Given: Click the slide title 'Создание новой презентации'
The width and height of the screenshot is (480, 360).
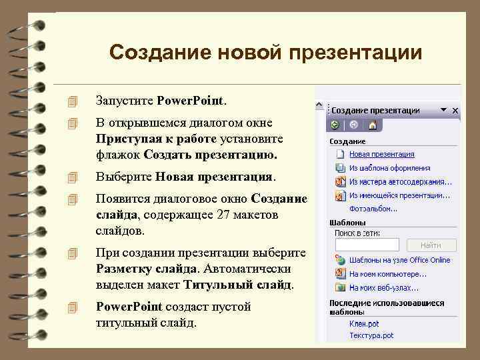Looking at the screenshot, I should click(x=265, y=52).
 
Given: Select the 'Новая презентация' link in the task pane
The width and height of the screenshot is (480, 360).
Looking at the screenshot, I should click(x=382, y=155).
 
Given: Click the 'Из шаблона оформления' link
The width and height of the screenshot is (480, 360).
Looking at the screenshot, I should click(x=389, y=168).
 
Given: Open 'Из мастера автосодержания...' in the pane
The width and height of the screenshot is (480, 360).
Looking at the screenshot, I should click(x=400, y=181).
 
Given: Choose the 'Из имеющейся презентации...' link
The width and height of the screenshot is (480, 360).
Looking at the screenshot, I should click(x=399, y=195).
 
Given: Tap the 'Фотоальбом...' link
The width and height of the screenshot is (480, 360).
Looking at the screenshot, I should click(x=373, y=208).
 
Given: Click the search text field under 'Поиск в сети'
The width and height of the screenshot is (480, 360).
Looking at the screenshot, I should click(x=367, y=245).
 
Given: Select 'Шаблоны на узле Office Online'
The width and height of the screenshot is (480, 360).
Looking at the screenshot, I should click(x=399, y=260).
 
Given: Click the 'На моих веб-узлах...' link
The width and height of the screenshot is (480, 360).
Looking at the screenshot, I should click(x=384, y=287).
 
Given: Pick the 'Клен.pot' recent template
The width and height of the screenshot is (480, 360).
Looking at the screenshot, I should click(x=364, y=323).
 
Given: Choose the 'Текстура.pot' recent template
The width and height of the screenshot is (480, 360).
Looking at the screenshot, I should click(x=371, y=335).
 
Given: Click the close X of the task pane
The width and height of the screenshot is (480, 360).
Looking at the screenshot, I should click(x=455, y=110).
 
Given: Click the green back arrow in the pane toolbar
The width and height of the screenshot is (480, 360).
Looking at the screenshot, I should click(x=335, y=125).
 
